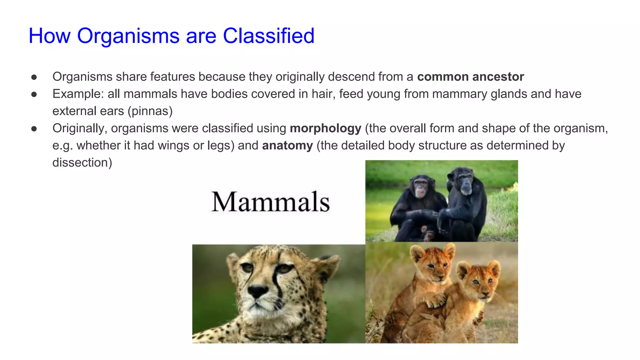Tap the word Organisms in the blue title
(x=128, y=36)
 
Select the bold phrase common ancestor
(x=470, y=77)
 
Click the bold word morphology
(x=325, y=128)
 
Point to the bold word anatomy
(x=287, y=146)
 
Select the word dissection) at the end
(x=82, y=163)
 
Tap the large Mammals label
(x=270, y=202)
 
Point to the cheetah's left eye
(x=247, y=267)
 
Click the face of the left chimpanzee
(x=421, y=189)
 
